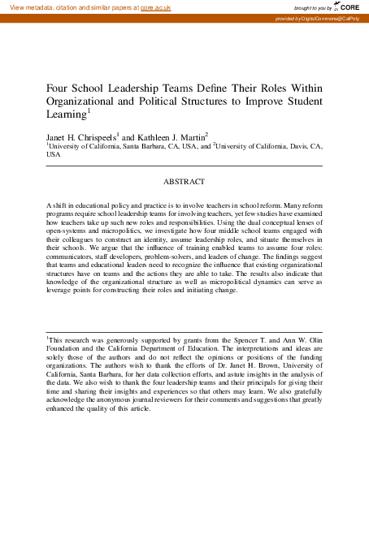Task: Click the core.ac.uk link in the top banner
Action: pos(155,6)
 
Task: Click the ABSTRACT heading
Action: pos(184,182)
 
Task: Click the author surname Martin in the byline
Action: pos(191,138)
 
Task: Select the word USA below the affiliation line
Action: pos(54,154)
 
